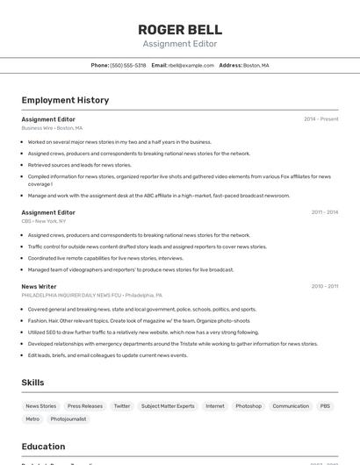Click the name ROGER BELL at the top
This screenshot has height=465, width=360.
pyautogui.click(x=179, y=29)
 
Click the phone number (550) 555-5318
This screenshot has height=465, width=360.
pyautogui.click(x=128, y=65)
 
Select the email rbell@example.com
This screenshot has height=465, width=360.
pyautogui.click(x=191, y=65)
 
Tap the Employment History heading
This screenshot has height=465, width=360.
pyautogui.click(x=65, y=100)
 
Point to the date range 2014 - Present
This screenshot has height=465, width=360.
pyautogui.click(x=320, y=119)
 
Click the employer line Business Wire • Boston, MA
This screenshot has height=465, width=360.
pyautogui.click(x=52, y=128)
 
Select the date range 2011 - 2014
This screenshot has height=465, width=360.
pyautogui.click(x=324, y=212)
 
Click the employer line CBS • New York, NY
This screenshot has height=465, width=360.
pyautogui.click(x=44, y=221)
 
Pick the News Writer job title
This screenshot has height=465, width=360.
pyautogui.click(x=39, y=286)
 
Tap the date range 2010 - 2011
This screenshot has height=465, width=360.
pyautogui.click(x=324, y=286)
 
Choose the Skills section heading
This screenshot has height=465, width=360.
pyautogui.click(x=32, y=383)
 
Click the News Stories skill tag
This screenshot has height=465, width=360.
pyautogui.click(x=40, y=406)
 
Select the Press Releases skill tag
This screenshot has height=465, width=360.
pyautogui.click(x=85, y=406)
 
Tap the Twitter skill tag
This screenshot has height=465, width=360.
pyautogui.click(x=122, y=406)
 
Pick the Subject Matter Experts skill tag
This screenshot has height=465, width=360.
pyautogui.click(x=168, y=406)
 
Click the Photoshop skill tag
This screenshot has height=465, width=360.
pyautogui.click(x=248, y=406)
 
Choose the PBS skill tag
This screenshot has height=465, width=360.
pyautogui.click(x=325, y=406)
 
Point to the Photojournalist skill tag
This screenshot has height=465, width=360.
pyautogui.click(x=68, y=419)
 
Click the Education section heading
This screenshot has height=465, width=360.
pyautogui.click(x=43, y=447)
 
